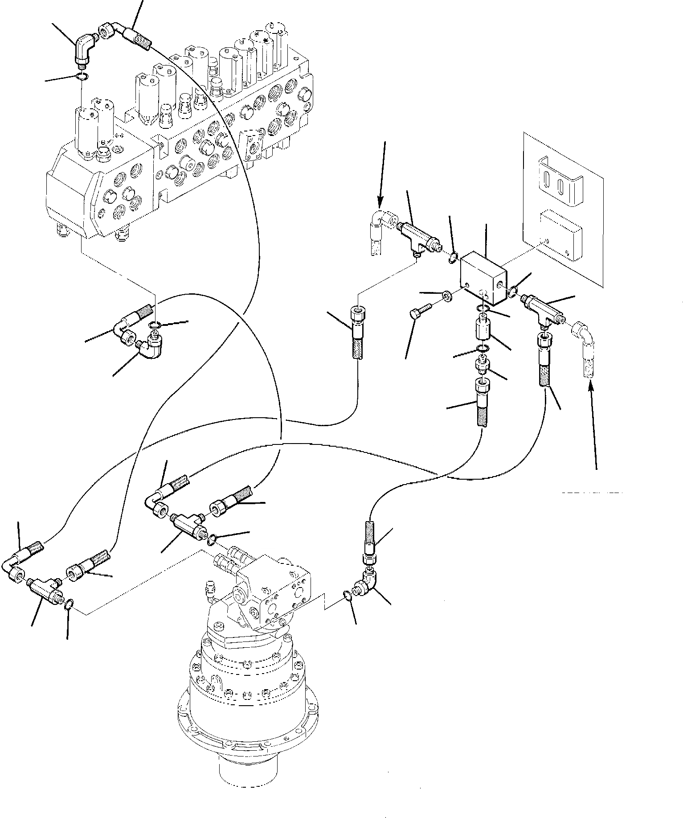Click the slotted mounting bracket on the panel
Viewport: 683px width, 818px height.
point(559,181)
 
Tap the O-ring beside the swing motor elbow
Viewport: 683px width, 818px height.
point(349,596)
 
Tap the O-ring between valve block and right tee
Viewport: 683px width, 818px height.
point(513,292)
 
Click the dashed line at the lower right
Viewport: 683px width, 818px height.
point(591,493)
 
